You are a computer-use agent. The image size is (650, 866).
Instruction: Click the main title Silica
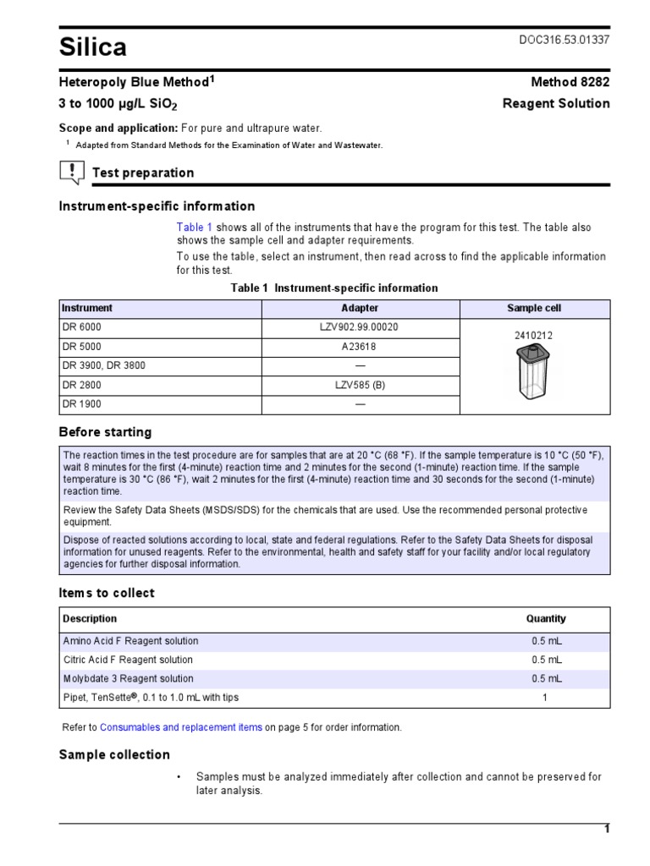point(92,48)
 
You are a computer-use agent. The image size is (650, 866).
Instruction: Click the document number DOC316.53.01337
point(563,41)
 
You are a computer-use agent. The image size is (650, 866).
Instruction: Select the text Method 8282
point(570,82)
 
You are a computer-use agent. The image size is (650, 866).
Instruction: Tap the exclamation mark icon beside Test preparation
point(71,173)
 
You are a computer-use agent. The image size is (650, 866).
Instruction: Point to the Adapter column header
point(360,309)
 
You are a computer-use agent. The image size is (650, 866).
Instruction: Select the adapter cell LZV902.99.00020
point(360,327)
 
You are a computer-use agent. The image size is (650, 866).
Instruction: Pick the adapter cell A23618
point(360,347)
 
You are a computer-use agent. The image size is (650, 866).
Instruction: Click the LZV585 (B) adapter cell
point(360,385)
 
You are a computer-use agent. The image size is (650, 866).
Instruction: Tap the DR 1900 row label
point(82,404)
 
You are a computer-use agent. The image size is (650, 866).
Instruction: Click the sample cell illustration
point(533,372)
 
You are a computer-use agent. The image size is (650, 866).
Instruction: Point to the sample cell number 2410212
point(533,336)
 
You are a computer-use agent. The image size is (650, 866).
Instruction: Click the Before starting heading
point(105,432)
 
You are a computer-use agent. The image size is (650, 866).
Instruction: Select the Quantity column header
point(545,619)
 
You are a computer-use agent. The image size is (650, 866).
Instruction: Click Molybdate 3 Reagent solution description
point(128,678)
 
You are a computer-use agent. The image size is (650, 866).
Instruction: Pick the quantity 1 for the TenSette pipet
point(545,698)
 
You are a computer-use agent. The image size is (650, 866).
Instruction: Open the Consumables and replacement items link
point(181,727)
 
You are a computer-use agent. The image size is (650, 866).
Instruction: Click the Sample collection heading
point(114,754)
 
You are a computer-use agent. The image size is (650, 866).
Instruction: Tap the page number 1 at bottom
point(606,830)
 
